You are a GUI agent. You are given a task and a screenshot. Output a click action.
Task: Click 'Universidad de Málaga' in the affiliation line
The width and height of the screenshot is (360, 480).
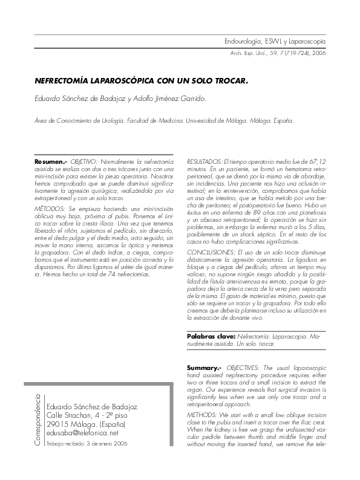(216, 120)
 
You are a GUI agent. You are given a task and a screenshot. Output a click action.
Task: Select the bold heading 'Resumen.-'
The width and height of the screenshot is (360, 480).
(51, 163)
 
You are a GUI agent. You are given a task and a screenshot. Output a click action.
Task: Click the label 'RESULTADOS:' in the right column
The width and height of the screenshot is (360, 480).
(205, 163)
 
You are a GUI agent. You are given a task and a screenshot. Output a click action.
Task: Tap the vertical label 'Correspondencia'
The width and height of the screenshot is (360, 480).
(38, 420)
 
